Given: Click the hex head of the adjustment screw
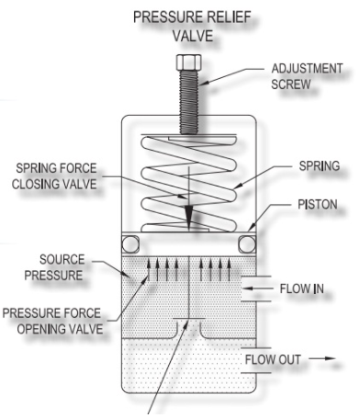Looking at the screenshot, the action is (189, 62).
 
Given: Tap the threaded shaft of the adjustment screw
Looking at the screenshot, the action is (189, 102).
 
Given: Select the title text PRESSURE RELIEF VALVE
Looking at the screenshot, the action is (193, 27).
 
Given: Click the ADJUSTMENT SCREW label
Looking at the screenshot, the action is (307, 76).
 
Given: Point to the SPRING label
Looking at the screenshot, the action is (320, 166).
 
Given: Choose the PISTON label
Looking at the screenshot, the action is (318, 205).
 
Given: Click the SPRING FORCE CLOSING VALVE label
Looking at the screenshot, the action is (54, 176).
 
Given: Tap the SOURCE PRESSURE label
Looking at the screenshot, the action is (54, 267).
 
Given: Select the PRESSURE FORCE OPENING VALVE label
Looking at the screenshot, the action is (52, 321).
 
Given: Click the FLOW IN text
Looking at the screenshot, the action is (301, 288).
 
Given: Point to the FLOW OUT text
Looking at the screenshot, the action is (273, 359).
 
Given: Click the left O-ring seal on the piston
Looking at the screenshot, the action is (130, 244).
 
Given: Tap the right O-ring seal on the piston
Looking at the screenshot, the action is (247, 244).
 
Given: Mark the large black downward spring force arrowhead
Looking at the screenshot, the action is (189, 217).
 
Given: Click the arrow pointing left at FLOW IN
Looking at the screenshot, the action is (258, 288).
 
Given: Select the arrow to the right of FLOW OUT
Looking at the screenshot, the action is (322, 358).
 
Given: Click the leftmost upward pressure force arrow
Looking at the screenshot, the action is (149, 269).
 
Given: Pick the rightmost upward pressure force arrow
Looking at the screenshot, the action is (229, 269).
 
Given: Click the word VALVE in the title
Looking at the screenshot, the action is (193, 36).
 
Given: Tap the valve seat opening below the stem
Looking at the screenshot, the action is (189, 328).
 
